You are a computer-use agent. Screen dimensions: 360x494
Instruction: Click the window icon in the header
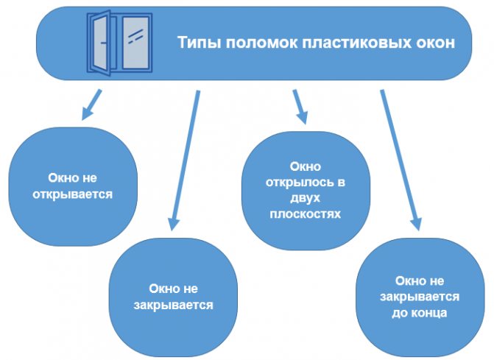[x=120, y=42]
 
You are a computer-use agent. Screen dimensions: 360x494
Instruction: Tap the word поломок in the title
[x=253, y=42]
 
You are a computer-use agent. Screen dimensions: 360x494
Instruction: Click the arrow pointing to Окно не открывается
[x=91, y=105]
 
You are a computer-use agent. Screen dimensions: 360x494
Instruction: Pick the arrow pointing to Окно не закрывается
[x=184, y=158]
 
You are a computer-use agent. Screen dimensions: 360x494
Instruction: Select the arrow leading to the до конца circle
[x=400, y=158]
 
